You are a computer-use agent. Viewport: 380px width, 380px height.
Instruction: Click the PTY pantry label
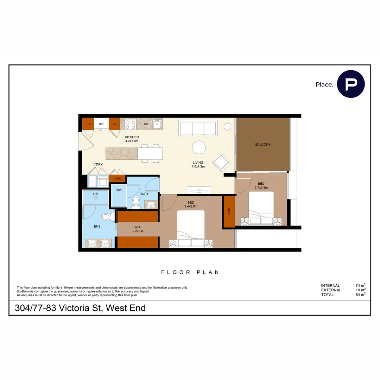point(88,124)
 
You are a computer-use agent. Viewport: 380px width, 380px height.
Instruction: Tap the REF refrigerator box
point(101,124)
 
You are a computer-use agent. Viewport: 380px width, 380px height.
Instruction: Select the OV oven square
point(114,124)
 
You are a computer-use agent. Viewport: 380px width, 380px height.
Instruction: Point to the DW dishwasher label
point(146,124)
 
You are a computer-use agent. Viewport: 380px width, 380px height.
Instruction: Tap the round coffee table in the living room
point(199,147)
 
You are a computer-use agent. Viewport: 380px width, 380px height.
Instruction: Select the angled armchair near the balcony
point(222,162)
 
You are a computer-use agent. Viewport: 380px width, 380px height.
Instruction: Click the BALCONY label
point(263,145)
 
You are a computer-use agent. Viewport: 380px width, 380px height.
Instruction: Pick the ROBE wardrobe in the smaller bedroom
point(229,211)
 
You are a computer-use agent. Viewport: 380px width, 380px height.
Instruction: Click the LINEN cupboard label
point(117,179)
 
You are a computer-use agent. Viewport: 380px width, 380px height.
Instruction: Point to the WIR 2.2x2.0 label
point(137,229)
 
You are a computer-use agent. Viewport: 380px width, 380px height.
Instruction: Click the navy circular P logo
point(351,84)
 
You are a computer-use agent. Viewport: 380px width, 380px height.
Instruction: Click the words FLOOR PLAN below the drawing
point(190,272)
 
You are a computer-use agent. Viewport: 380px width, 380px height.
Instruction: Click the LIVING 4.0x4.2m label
point(198,165)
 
